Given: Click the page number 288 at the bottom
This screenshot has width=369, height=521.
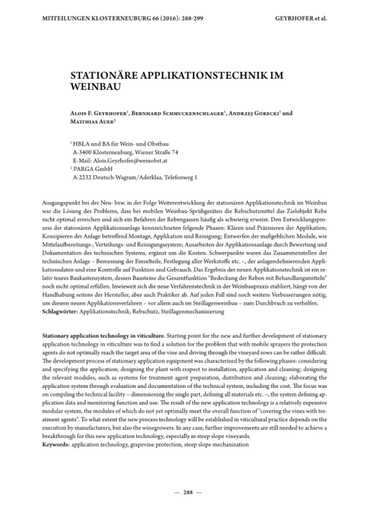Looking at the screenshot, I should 188,492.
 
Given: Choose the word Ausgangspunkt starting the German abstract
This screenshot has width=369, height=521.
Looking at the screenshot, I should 60,203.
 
